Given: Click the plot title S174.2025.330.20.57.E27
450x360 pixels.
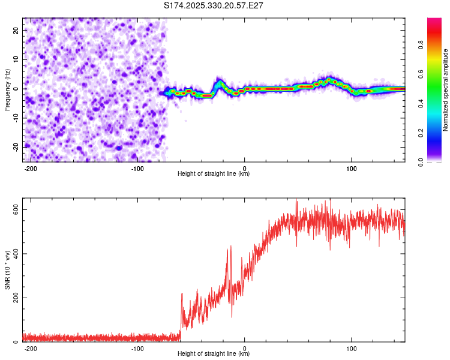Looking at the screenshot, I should point(214,5).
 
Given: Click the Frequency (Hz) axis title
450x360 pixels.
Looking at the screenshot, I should point(7,89).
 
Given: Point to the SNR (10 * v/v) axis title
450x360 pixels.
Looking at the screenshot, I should point(7,270).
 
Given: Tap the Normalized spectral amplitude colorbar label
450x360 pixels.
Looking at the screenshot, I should point(446,90).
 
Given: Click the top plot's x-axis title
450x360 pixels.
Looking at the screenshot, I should point(214,174).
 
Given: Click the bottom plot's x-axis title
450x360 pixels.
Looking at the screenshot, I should point(214,353).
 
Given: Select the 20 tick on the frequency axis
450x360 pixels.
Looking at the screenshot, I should point(16,30).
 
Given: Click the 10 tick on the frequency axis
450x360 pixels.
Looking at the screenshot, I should point(16,59).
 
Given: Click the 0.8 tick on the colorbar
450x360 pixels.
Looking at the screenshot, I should point(421,44).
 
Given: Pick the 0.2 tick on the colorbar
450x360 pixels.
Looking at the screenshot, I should point(421,133).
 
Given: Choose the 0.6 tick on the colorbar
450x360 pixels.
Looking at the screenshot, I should point(421,74).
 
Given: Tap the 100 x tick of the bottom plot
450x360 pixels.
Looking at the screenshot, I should point(351,347).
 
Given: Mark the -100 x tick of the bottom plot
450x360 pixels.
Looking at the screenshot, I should point(137,347).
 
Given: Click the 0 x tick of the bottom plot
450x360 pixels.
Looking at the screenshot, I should point(245,347).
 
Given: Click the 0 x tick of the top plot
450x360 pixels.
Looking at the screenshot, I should point(245,167).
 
